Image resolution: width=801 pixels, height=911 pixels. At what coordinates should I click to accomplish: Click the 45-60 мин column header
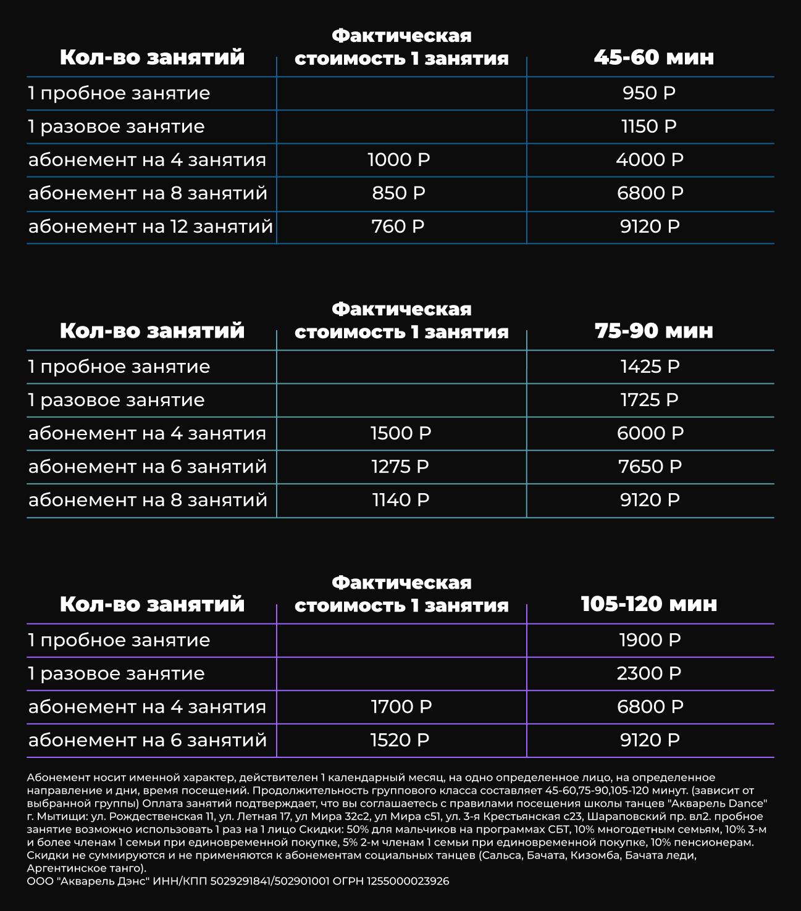[x=653, y=57]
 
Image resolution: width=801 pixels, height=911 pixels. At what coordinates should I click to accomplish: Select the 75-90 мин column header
[x=653, y=331]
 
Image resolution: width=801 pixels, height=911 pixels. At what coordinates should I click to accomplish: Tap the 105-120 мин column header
[x=649, y=604]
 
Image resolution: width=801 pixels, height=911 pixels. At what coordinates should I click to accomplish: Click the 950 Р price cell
[x=649, y=93]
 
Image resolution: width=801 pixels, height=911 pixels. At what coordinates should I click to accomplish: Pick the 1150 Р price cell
[x=649, y=127]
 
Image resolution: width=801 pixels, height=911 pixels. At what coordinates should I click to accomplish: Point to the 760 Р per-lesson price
[x=398, y=227]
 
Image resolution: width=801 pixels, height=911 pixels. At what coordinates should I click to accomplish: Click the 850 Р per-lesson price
[x=399, y=193]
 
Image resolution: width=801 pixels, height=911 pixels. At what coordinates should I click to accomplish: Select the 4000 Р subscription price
[x=650, y=160]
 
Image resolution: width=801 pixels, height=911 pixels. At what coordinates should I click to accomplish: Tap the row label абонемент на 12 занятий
[x=151, y=227]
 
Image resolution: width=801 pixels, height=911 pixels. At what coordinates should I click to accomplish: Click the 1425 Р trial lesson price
[x=650, y=367]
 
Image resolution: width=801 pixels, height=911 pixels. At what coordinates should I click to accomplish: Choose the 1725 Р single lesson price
[x=650, y=400]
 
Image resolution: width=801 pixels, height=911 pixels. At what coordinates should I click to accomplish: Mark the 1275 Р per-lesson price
[x=400, y=467]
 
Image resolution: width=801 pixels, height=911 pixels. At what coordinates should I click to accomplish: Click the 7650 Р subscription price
[x=650, y=467]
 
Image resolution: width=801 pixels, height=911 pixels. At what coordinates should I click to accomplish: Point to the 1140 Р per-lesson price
[x=400, y=500]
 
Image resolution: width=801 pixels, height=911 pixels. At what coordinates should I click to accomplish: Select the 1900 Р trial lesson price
[x=650, y=640]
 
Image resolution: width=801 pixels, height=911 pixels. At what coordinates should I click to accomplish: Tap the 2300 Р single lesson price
[x=649, y=673]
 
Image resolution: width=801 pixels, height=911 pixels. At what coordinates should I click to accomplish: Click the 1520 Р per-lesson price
[x=400, y=740]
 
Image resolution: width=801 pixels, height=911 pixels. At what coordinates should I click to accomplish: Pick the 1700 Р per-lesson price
[x=401, y=707]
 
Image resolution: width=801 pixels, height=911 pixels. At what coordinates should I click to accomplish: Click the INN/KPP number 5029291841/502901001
[x=270, y=881]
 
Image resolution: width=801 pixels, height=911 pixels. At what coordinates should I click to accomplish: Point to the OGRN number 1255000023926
[x=408, y=881]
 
